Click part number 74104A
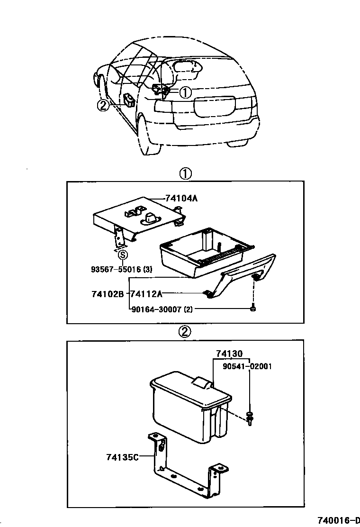181,199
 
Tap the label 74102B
108,294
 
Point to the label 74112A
146,294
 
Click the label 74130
229,354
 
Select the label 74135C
122,457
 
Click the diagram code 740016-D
337,520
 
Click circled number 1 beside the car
185,92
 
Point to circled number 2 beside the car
103,106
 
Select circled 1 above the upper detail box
185,174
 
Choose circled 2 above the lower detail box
185,332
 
